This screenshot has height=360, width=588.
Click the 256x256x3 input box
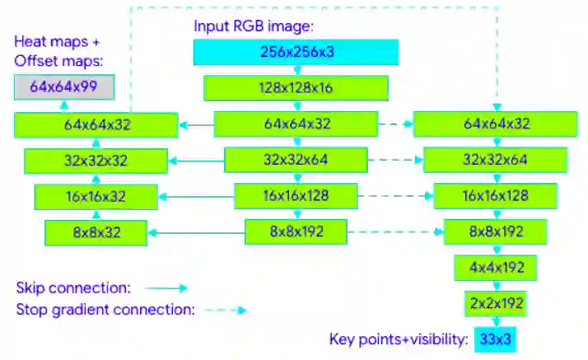coord(296,52)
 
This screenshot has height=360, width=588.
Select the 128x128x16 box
coord(296,88)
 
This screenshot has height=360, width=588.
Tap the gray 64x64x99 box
coord(64,86)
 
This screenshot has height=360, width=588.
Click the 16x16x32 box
coord(96,196)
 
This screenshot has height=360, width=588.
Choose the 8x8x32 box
coord(96,232)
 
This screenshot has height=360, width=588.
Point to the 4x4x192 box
coord(494,268)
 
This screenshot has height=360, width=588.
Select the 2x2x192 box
coord(494,303)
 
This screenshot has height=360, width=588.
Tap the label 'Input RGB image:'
coord(254,26)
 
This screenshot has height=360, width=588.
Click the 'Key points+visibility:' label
coord(399,339)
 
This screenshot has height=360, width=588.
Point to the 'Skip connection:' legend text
coord(72,288)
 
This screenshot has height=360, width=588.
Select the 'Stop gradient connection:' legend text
coord(105,311)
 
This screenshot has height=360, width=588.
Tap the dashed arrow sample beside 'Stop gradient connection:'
coord(226,311)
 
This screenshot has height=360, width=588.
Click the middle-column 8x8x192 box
coord(296,232)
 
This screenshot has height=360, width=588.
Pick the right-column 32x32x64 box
coord(494,160)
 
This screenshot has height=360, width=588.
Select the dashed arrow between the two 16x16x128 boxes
coord(395,196)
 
